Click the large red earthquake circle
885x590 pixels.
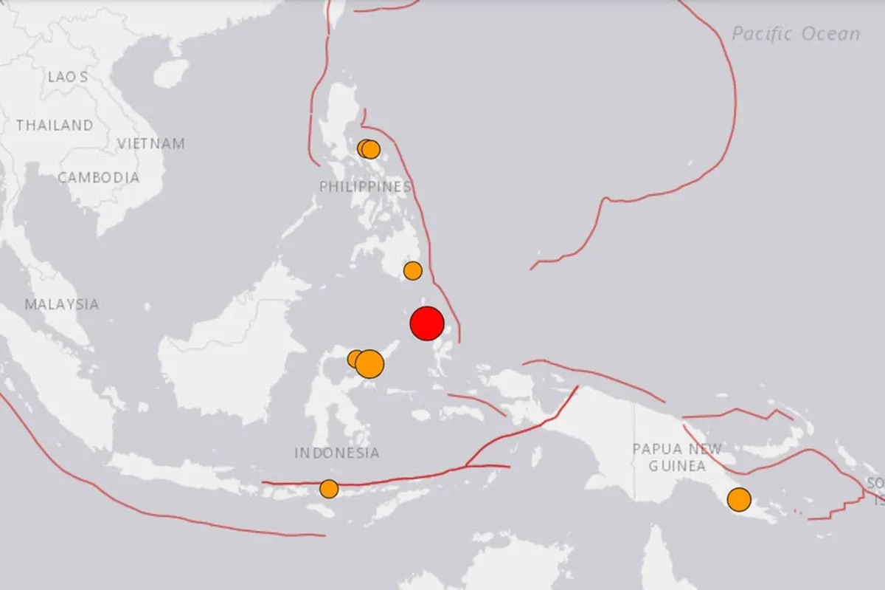pyautogui.click(x=426, y=324)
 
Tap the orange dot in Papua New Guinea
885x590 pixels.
pyautogui.click(x=739, y=500)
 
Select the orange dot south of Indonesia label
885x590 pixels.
pyautogui.click(x=329, y=489)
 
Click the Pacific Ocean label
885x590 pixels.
pyautogui.click(x=796, y=34)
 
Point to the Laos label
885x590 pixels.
pyautogui.click(x=68, y=77)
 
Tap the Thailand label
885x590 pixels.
pyautogui.click(x=55, y=126)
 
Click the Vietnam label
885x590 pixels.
pyautogui.click(x=151, y=144)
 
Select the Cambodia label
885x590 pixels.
pyautogui.click(x=98, y=177)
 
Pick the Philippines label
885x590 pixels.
pyautogui.click(x=365, y=188)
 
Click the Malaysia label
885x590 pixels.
pyautogui.click(x=61, y=304)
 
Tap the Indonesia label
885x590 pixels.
pyautogui.click(x=337, y=453)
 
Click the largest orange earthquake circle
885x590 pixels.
pyautogui.click(x=369, y=364)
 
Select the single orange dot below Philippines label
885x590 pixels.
pyautogui.click(x=413, y=271)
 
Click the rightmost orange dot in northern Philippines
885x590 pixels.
pyautogui.click(x=371, y=150)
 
